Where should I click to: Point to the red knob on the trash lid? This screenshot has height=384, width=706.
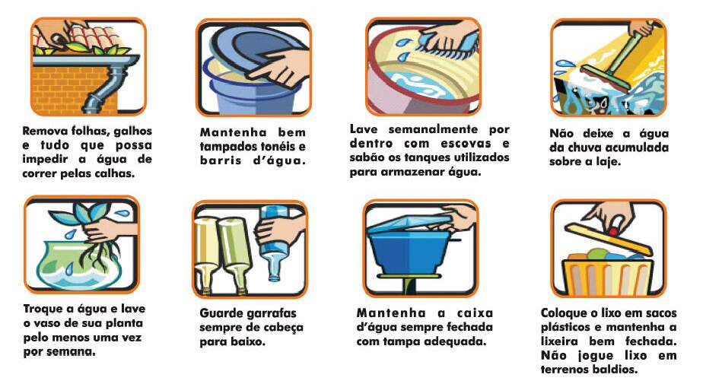[613, 231]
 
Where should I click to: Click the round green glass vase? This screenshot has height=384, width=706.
[71, 265]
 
